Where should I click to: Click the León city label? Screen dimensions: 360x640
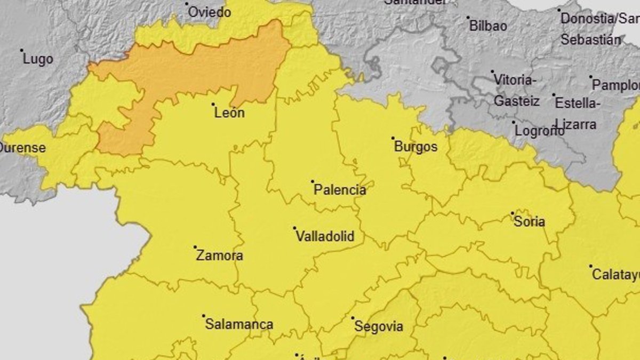tap(229, 113)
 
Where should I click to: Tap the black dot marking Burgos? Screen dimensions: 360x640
tap(393, 139)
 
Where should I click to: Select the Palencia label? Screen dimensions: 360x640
tap(340, 190)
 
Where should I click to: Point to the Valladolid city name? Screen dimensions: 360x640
tap(325, 236)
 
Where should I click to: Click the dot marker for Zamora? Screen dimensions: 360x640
tap(195, 247)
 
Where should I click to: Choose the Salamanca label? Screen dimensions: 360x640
tap(239, 324)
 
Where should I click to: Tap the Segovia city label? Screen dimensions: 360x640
tap(379, 327)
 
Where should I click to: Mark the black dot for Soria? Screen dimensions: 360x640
tap(513, 213)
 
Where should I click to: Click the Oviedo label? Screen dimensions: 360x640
tap(210, 12)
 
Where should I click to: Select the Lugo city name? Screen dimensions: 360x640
tap(38, 59)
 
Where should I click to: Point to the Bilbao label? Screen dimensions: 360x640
tap(487, 26)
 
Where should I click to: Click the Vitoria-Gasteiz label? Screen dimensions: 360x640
tap(515, 90)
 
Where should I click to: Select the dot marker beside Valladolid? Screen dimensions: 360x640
tap(294, 228)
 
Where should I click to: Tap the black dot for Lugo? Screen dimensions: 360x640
tap(22, 51)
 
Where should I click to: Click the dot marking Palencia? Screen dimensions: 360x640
tap(313, 182)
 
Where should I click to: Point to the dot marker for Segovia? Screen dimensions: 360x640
tap(353, 318)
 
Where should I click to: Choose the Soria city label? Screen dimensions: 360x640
tap(529, 221)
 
